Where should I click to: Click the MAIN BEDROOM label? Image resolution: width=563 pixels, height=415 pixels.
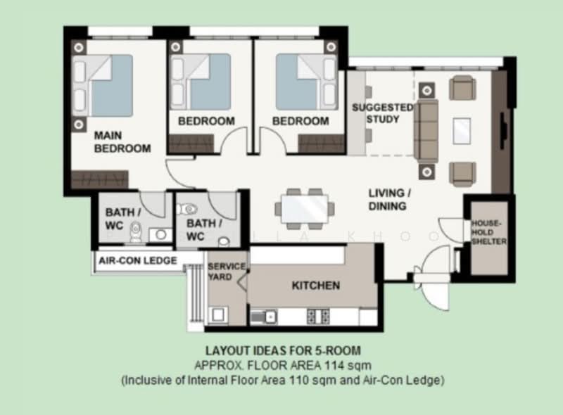[x=122, y=140]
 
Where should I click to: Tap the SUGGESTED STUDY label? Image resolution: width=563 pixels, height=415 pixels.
[x=382, y=113]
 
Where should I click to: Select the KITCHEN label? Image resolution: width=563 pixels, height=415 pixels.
[x=316, y=286]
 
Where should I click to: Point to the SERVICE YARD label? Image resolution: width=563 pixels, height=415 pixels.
[x=227, y=272]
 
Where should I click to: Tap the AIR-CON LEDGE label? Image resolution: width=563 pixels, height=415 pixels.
[x=137, y=260]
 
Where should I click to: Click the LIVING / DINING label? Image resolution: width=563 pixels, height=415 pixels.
[x=387, y=200]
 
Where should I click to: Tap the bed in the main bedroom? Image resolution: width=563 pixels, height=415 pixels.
[x=106, y=85]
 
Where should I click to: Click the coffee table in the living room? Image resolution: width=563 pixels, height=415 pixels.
[x=462, y=131]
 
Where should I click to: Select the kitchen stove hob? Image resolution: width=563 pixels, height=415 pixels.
[x=318, y=317]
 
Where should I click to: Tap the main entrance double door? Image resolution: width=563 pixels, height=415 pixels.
[x=431, y=271]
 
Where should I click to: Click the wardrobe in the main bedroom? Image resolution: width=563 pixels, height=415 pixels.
[x=99, y=179]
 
